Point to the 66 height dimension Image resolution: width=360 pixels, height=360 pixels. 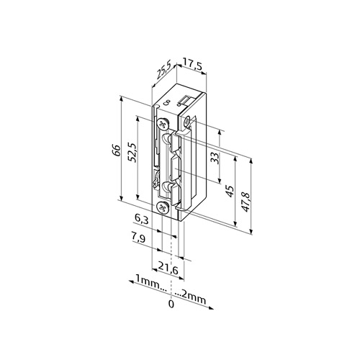(x=116, y=150)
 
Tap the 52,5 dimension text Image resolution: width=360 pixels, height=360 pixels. (x=132, y=153)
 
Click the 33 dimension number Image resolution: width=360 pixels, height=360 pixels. (x=215, y=158)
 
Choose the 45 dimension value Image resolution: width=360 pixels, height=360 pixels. (x=230, y=192)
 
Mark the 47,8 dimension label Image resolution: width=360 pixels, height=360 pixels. (x=245, y=202)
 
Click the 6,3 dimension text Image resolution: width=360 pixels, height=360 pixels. (x=142, y=220)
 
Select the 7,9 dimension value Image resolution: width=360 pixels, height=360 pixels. (x=138, y=238)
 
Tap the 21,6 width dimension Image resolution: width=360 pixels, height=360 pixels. (x=168, y=270)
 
